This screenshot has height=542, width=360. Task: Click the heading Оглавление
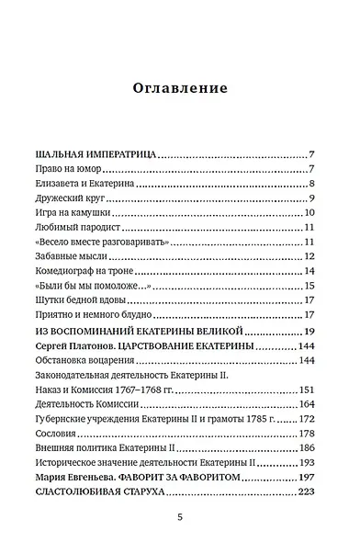180,89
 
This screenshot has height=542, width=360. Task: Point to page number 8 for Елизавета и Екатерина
313,185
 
